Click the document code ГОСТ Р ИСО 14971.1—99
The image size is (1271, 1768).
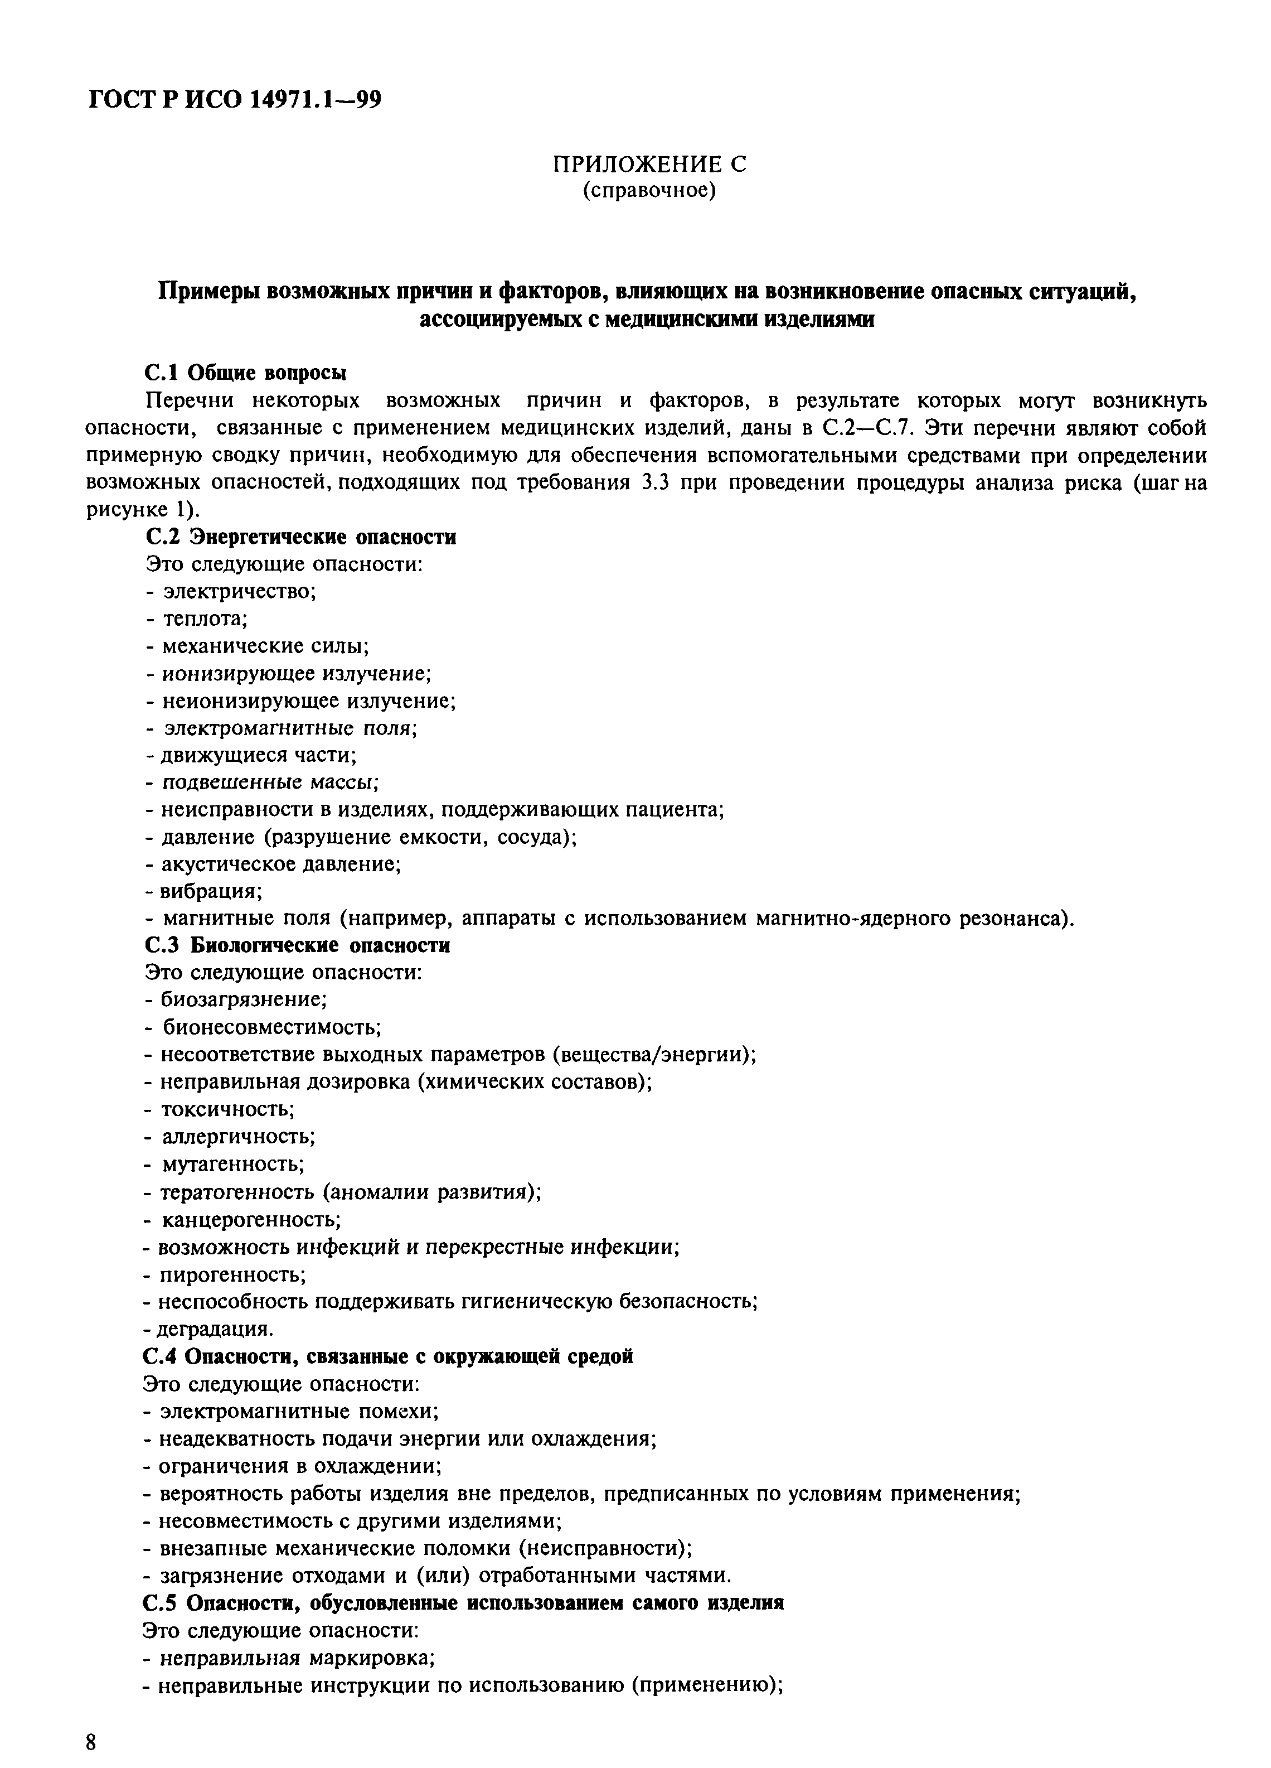click(x=235, y=100)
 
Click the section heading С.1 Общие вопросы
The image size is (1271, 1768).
click(x=245, y=373)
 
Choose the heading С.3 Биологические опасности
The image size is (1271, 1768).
click(x=297, y=945)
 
